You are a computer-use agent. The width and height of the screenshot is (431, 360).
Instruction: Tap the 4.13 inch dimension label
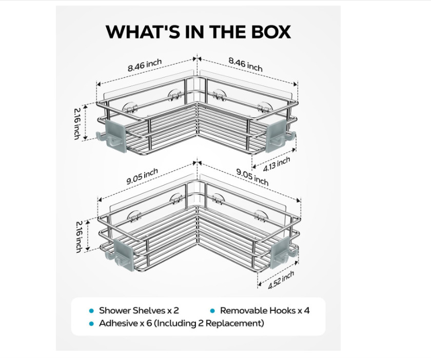[277, 164]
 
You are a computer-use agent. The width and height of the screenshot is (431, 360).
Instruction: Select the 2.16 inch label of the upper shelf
[79, 124]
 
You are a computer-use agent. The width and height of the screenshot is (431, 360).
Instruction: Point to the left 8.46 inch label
[144, 65]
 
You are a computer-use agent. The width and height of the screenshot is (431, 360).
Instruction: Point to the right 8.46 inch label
[246, 65]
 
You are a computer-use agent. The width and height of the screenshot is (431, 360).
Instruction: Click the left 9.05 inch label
[142, 176]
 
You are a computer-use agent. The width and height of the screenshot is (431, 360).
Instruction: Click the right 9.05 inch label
[252, 177]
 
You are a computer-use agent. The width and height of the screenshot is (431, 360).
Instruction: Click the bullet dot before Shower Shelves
[91, 311]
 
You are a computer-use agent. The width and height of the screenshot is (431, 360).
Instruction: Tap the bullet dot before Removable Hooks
[212, 311]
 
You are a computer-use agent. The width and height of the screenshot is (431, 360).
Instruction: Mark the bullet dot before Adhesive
[91, 324]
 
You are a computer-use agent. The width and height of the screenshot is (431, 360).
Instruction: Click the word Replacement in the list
[234, 324]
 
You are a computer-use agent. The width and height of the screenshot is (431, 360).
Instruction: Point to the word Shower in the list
[114, 311]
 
